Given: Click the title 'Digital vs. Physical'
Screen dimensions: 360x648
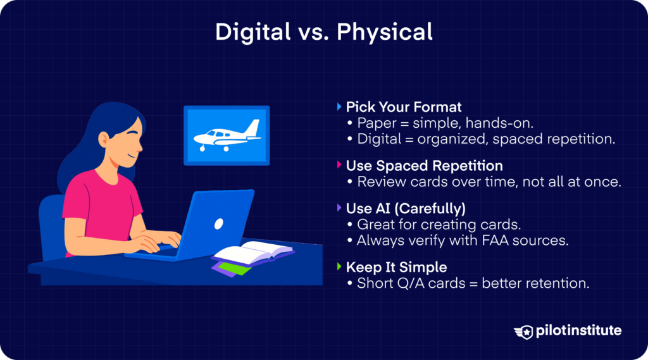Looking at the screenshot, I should coord(323,32).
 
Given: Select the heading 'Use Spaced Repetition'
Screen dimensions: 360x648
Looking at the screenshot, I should coord(424,166).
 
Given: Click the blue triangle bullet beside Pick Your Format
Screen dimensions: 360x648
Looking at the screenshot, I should coord(340,107).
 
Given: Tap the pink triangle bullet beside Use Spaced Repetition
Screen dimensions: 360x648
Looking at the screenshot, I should coord(340,166).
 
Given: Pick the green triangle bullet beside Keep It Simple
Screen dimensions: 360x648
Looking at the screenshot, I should coord(340,266).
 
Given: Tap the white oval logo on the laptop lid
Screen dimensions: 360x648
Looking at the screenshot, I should coord(219,223).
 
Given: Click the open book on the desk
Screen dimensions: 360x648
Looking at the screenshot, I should coord(253,253).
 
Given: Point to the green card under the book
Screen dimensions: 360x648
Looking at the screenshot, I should coord(235,268).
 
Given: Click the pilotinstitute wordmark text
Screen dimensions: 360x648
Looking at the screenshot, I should coord(578,331).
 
